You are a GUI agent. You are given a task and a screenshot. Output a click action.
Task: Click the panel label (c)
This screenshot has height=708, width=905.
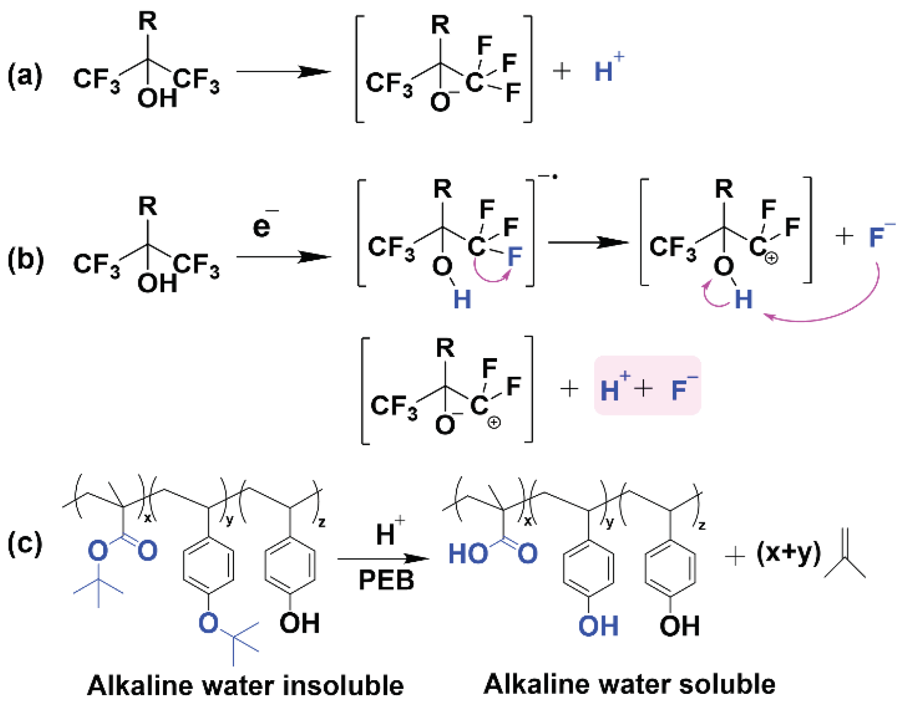coord(25,544)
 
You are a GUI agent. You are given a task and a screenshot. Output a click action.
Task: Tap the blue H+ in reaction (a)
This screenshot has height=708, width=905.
coord(608,69)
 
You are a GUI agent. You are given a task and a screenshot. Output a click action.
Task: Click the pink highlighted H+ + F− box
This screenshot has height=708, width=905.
coord(647,385)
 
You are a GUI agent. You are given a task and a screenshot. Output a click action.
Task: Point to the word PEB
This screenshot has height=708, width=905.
coord(386,580)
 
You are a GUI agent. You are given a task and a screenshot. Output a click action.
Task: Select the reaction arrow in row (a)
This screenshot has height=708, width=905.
coord(283,72)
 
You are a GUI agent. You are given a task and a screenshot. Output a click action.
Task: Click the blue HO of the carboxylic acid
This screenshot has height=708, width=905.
coord(468,554)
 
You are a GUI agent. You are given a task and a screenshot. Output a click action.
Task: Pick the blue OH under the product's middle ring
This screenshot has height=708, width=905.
coord(598,626)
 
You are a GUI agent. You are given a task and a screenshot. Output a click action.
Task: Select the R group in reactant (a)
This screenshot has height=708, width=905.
coord(147,21)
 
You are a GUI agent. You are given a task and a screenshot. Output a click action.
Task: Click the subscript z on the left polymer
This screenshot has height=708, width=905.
coord(322,522)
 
